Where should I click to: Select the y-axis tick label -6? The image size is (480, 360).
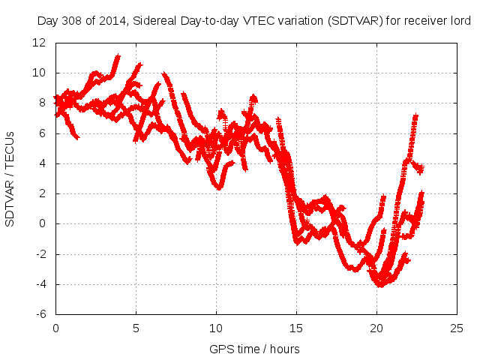click(x=42, y=314)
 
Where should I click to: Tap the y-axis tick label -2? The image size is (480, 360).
click(x=42, y=253)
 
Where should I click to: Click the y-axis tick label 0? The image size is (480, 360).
click(x=43, y=223)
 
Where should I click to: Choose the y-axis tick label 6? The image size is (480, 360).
click(x=43, y=133)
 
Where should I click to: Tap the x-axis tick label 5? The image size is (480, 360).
click(x=136, y=328)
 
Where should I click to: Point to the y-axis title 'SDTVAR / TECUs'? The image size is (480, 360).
click(x=10, y=178)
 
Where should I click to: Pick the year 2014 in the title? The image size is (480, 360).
click(x=108, y=22)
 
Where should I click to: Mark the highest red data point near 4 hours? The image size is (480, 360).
click(x=118, y=56)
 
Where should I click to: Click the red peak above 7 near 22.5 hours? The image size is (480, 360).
click(x=415, y=116)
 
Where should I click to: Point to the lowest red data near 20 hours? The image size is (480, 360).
click(x=380, y=285)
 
